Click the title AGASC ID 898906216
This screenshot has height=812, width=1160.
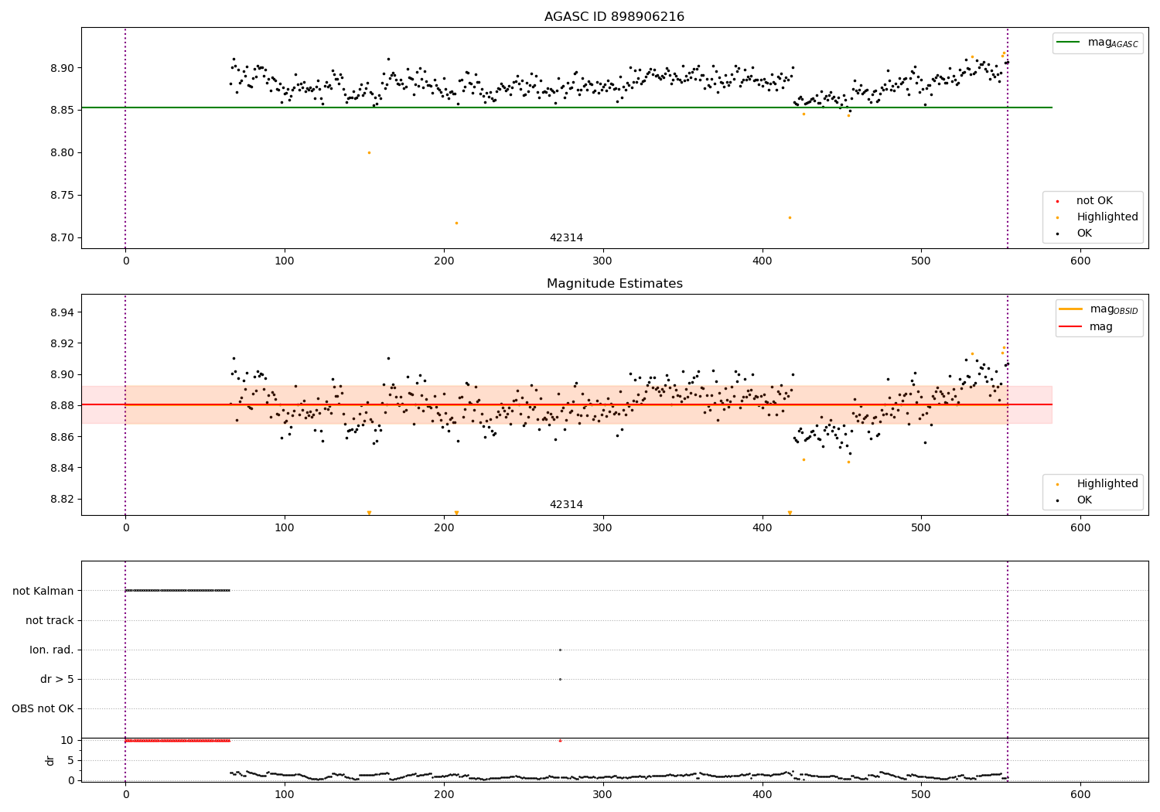click(614, 17)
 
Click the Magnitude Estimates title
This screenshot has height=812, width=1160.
click(614, 284)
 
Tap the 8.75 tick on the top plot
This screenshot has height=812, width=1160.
click(62, 196)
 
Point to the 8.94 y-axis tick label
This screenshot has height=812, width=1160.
click(62, 312)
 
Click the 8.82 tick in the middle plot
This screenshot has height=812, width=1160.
click(62, 499)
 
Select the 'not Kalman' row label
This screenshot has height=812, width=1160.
click(43, 591)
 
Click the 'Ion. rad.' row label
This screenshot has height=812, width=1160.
click(52, 650)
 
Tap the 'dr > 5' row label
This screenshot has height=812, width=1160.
click(57, 680)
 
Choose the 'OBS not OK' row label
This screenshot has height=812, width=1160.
click(43, 709)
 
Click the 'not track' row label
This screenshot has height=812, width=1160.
click(49, 621)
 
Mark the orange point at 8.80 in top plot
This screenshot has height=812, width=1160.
click(369, 152)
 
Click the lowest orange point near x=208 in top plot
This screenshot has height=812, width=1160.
click(456, 223)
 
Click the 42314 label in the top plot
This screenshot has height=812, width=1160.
click(566, 238)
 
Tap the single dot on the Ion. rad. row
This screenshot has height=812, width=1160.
click(560, 650)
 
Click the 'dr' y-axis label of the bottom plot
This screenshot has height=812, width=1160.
click(50, 760)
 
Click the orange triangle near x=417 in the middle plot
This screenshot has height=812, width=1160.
click(790, 513)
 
